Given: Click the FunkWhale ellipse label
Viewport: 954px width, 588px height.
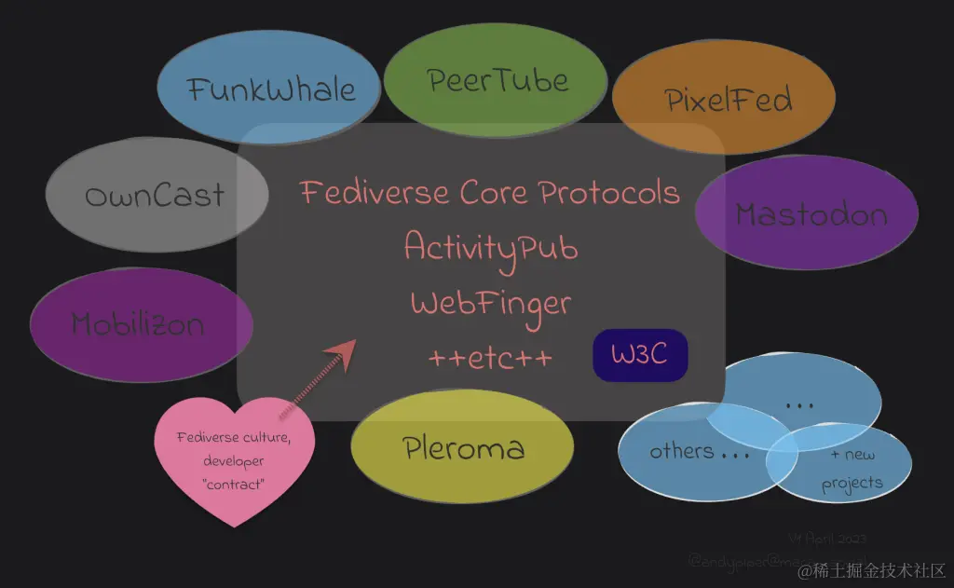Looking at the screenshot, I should [271, 89].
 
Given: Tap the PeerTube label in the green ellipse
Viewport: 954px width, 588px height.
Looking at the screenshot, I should [497, 80].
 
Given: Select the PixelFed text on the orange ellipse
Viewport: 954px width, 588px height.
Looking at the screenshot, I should [729, 100].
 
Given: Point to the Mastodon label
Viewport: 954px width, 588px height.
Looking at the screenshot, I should [811, 214].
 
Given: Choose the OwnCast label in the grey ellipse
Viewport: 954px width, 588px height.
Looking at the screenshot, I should [155, 196].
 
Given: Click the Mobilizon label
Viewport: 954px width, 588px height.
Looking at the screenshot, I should [138, 324].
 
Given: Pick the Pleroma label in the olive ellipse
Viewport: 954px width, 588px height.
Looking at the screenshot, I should [464, 449].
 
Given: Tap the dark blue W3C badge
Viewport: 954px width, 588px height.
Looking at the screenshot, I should [640, 355].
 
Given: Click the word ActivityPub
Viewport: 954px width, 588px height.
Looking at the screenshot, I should [491, 248].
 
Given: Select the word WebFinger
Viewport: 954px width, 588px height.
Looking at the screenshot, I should [490, 304].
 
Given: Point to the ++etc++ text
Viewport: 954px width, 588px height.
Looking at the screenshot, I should [490, 359].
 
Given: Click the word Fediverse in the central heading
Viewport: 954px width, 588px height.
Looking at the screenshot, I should [375, 193].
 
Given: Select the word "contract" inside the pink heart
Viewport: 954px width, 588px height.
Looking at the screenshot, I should [233, 484].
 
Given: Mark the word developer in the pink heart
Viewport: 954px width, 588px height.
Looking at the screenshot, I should [234, 460].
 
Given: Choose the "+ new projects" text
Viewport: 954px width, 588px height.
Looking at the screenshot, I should [852, 469].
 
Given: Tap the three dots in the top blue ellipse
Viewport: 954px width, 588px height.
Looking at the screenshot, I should [799, 405].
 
